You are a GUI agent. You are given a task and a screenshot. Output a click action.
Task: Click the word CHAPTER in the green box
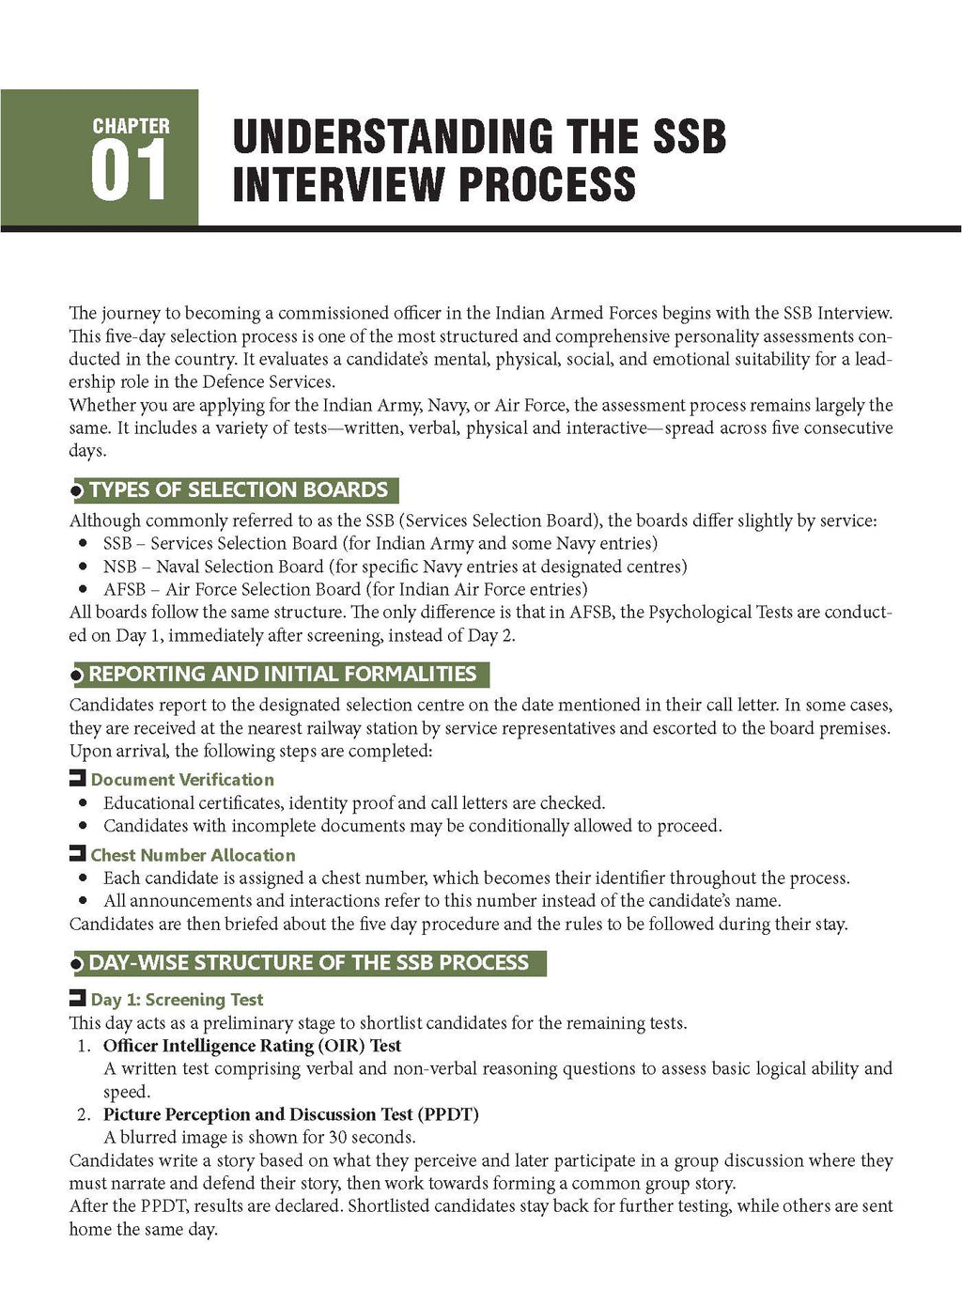pyautogui.click(x=132, y=126)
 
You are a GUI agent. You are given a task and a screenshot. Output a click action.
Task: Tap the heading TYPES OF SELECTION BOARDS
pyautogui.click(x=238, y=490)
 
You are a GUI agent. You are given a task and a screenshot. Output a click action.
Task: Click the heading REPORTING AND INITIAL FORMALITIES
pyautogui.click(x=282, y=674)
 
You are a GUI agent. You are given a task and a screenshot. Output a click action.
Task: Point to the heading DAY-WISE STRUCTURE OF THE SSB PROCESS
pyautogui.click(x=308, y=963)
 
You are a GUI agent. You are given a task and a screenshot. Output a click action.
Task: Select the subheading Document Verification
pyautogui.click(x=182, y=779)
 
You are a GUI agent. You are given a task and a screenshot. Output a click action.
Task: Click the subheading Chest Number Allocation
pyautogui.click(x=193, y=855)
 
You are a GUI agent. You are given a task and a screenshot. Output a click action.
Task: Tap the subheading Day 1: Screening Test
pyautogui.click(x=177, y=1000)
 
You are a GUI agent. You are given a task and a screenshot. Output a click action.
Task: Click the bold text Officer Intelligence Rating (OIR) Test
pyautogui.click(x=252, y=1046)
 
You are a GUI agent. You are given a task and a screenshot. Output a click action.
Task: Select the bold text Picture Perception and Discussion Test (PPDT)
pyautogui.click(x=290, y=1115)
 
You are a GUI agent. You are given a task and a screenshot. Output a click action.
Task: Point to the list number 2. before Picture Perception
pyautogui.click(x=84, y=1115)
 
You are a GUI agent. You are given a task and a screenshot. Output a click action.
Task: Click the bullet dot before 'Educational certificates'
pyautogui.click(x=84, y=803)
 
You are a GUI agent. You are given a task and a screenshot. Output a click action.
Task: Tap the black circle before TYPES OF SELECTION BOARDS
pyautogui.click(x=78, y=491)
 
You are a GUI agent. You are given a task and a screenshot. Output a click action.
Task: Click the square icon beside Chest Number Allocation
pyautogui.click(x=77, y=854)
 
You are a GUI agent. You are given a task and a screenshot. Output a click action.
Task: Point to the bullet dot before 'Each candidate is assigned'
pyautogui.click(x=84, y=878)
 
